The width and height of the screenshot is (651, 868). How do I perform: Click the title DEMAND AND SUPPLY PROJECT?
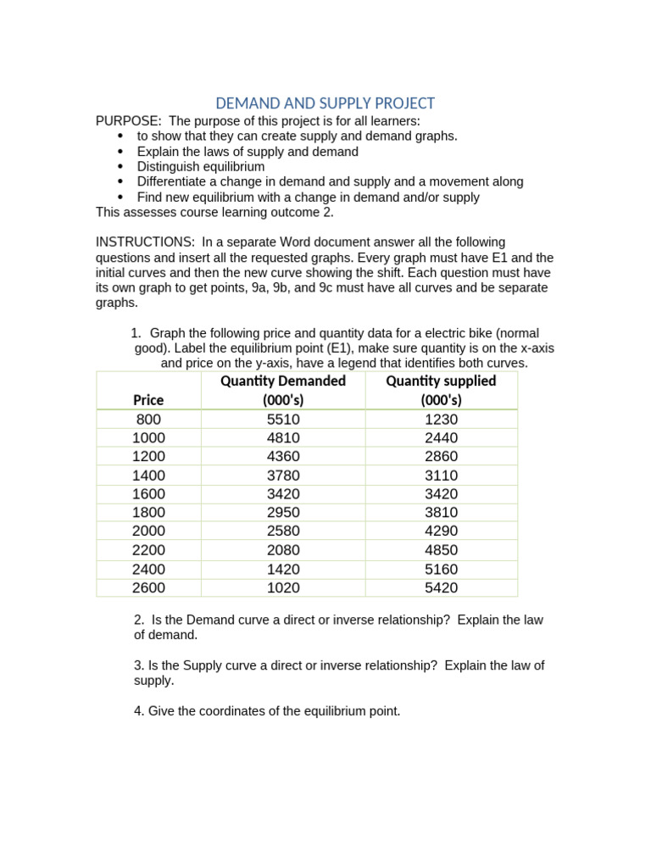(x=325, y=103)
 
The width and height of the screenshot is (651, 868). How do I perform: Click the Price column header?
(x=148, y=399)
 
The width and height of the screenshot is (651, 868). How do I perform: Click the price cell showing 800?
(x=148, y=420)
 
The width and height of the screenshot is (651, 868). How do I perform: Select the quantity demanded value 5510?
(x=283, y=420)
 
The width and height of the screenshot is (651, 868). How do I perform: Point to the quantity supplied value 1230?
(x=441, y=420)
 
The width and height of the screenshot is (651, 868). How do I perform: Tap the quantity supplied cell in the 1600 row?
(x=441, y=494)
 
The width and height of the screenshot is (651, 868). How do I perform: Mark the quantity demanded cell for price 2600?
(x=283, y=587)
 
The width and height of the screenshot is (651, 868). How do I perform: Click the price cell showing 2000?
(x=148, y=531)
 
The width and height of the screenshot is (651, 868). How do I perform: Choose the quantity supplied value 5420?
(x=441, y=587)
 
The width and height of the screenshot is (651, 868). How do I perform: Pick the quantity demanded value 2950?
(x=283, y=513)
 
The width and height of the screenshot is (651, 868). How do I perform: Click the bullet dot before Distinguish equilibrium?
(x=120, y=167)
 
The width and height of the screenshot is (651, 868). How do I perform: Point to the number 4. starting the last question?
(x=139, y=711)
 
